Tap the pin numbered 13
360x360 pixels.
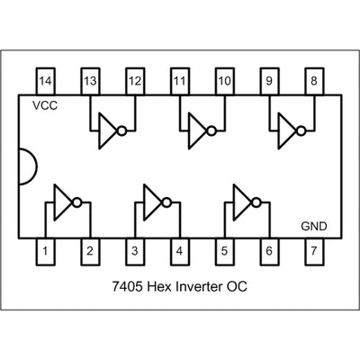tap(90, 81)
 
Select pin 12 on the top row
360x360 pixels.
tap(135, 81)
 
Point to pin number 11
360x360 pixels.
tap(180, 81)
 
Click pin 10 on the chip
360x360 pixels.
tap(225, 81)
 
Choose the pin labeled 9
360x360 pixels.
tap(269, 81)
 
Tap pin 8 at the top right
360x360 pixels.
tap(314, 81)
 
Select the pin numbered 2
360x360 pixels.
tap(90, 251)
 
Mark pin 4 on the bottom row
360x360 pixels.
tap(180, 251)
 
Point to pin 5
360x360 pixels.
tap(225, 251)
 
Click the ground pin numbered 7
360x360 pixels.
tap(314, 251)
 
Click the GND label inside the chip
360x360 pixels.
tap(314, 227)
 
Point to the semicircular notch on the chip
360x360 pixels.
tap(27, 166)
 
